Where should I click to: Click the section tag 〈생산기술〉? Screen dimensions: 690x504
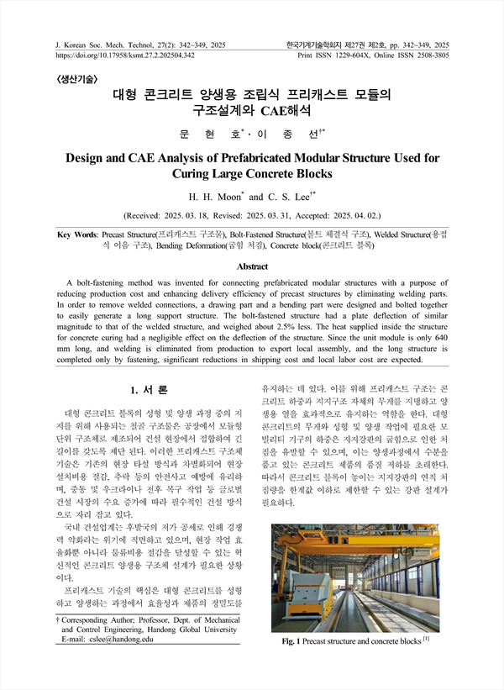pos(76,79)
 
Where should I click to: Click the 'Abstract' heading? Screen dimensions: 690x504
pos(252,266)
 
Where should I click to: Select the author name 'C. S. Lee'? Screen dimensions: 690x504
pos(290,197)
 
